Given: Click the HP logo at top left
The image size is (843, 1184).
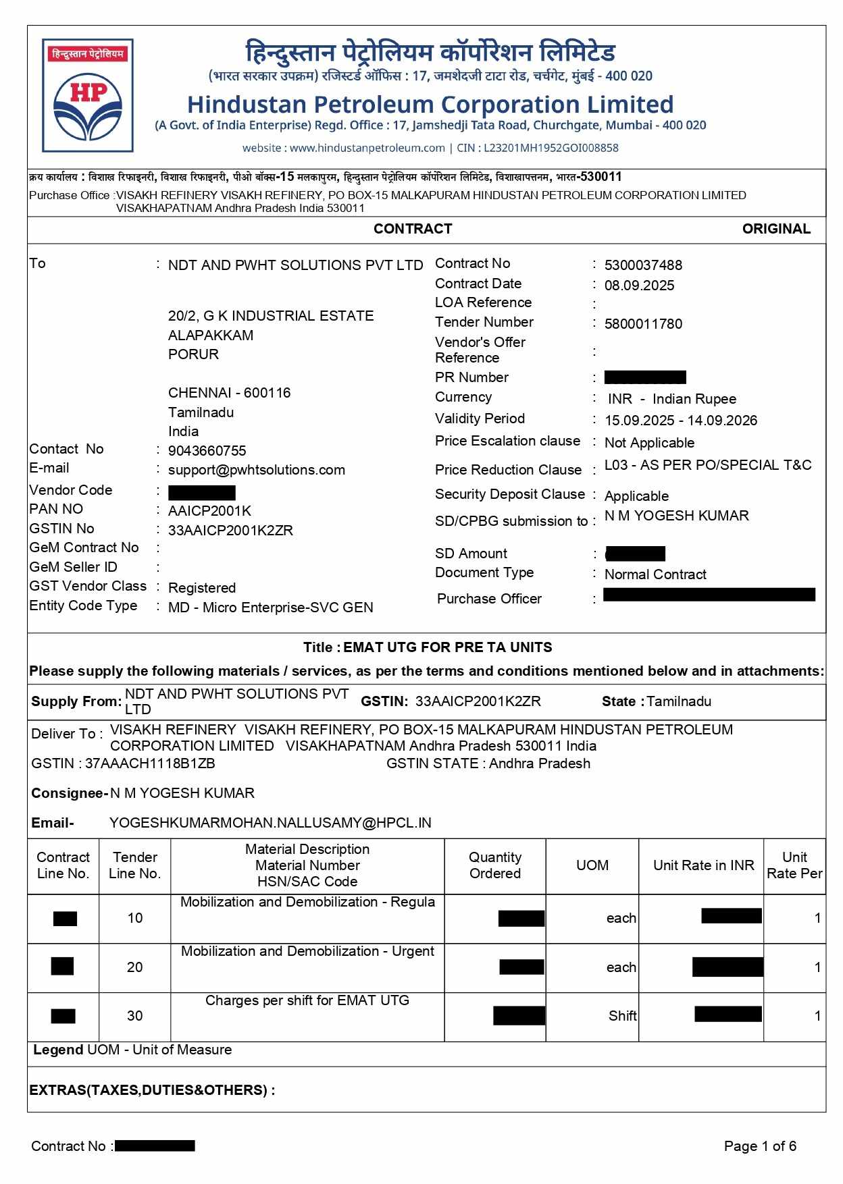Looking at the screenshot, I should tap(88, 96).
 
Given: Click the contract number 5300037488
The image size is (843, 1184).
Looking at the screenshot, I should tap(642, 265).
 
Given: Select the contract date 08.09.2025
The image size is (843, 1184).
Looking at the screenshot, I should tap(638, 286).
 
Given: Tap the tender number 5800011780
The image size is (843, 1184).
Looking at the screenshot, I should tap(642, 324).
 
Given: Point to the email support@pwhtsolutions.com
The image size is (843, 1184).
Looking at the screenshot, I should tap(256, 470).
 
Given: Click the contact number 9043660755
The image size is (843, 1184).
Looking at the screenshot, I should tap(207, 451).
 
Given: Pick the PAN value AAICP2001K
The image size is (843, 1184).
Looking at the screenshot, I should tap(209, 511).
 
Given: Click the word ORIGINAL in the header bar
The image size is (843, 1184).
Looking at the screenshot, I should tap(775, 229).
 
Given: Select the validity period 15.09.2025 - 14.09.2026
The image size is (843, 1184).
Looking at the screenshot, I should tap(680, 421).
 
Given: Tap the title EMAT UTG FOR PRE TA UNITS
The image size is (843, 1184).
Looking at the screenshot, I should tap(447, 647).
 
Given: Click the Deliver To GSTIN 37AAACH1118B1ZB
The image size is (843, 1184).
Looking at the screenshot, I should tap(150, 763).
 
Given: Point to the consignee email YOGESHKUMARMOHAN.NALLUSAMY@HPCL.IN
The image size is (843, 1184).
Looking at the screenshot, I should tap(270, 823).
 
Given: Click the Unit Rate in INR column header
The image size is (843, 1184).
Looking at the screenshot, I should tap(702, 865).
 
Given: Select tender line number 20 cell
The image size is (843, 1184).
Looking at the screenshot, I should tap(135, 967).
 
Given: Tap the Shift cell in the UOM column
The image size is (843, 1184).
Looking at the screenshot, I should tap(621, 1016).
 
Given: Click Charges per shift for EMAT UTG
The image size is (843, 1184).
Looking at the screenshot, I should tap(307, 1000).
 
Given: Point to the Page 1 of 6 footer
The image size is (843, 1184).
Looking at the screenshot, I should tap(759, 1146).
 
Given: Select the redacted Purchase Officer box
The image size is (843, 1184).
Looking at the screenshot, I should tap(709, 595).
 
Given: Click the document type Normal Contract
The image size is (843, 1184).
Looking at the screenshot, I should tap(655, 574).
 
